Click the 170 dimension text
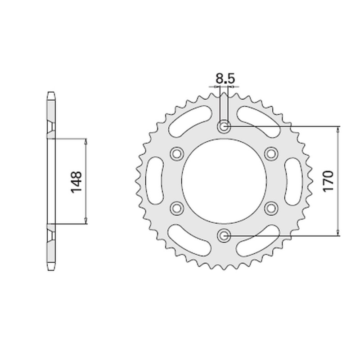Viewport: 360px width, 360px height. [x=328, y=181]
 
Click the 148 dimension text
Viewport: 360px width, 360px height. [x=76, y=181]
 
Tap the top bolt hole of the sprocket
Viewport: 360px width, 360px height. [x=224, y=127]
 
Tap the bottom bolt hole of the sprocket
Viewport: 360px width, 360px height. [x=224, y=234]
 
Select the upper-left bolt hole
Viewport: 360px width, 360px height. [x=177, y=154]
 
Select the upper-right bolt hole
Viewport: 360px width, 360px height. [x=271, y=154]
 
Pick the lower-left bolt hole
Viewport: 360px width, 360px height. [x=177, y=207]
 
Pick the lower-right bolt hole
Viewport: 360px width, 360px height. [x=271, y=207]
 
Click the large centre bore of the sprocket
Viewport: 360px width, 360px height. [x=224, y=181]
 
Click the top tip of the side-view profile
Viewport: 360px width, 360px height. [x=52, y=93]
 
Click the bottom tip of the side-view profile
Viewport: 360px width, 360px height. [x=52, y=269]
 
